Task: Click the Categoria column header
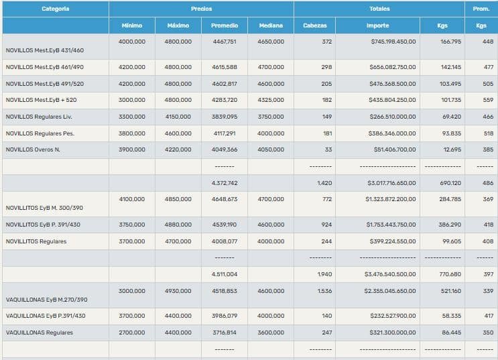(x=55, y=9)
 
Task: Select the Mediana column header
(x=270, y=25)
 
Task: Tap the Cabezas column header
(x=314, y=25)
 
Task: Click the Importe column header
(x=377, y=25)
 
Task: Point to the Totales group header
(x=379, y=9)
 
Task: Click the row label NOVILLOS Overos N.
(x=33, y=149)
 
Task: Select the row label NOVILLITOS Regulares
(x=36, y=241)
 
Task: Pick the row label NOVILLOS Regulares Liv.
(x=38, y=117)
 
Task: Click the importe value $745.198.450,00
(x=393, y=42)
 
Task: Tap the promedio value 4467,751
(x=224, y=42)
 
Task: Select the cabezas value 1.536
(x=324, y=291)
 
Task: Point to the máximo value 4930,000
(x=178, y=291)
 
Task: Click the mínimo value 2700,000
(x=131, y=333)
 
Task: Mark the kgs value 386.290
(x=449, y=225)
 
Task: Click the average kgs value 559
(x=488, y=100)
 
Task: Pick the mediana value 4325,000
(x=270, y=100)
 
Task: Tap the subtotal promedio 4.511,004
(x=224, y=274)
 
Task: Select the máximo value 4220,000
(x=178, y=149)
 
